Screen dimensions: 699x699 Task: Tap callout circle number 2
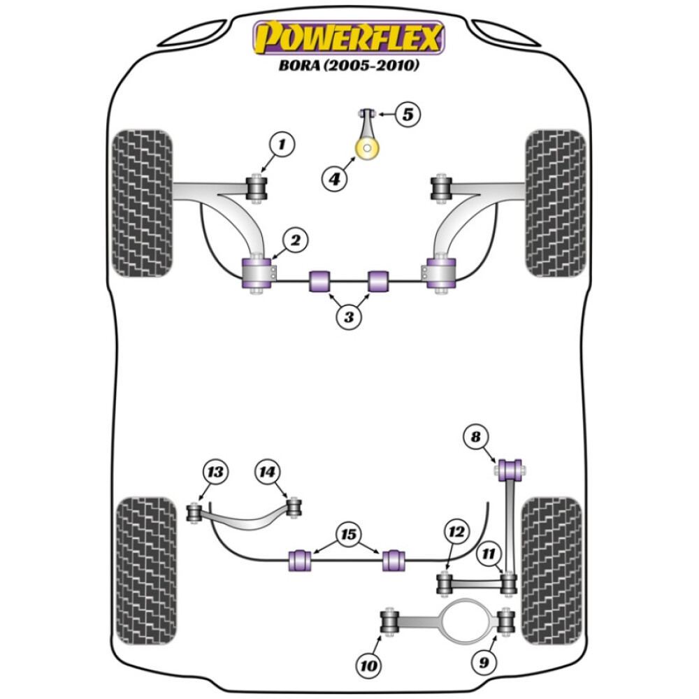[x=295, y=241]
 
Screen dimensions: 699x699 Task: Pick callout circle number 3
[x=349, y=317]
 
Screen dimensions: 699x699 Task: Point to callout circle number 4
[x=335, y=179]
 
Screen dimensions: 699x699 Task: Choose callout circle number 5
[x=409, y=113]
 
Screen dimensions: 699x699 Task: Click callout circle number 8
[x=476, y=438]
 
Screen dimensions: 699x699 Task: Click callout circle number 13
[x=216, y=473]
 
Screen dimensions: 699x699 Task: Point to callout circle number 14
[x=266, y=473]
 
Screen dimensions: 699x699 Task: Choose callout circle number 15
[x=348, y=536]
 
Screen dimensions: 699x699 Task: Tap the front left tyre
[x=142, y=203]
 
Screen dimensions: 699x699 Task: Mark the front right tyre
[x=556, y=203]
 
